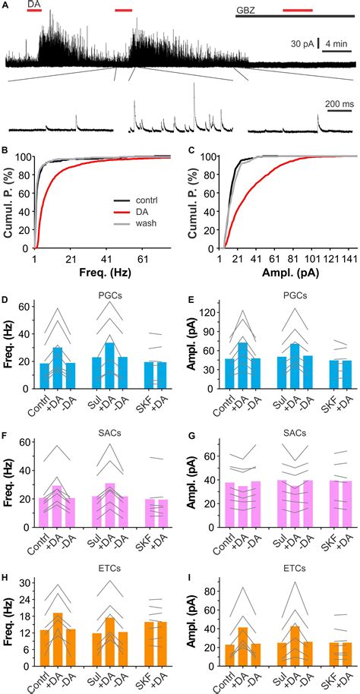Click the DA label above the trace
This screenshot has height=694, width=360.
[x=34, y=5]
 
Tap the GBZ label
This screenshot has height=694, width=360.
[x=245, y=9]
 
